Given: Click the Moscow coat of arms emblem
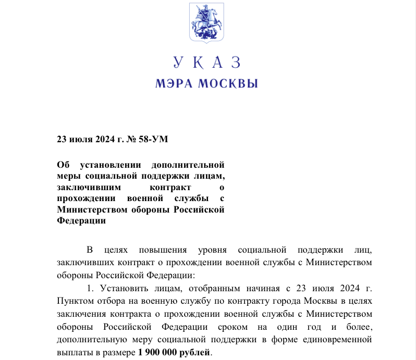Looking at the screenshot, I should [207, 23].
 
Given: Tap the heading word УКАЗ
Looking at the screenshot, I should [207, 63].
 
